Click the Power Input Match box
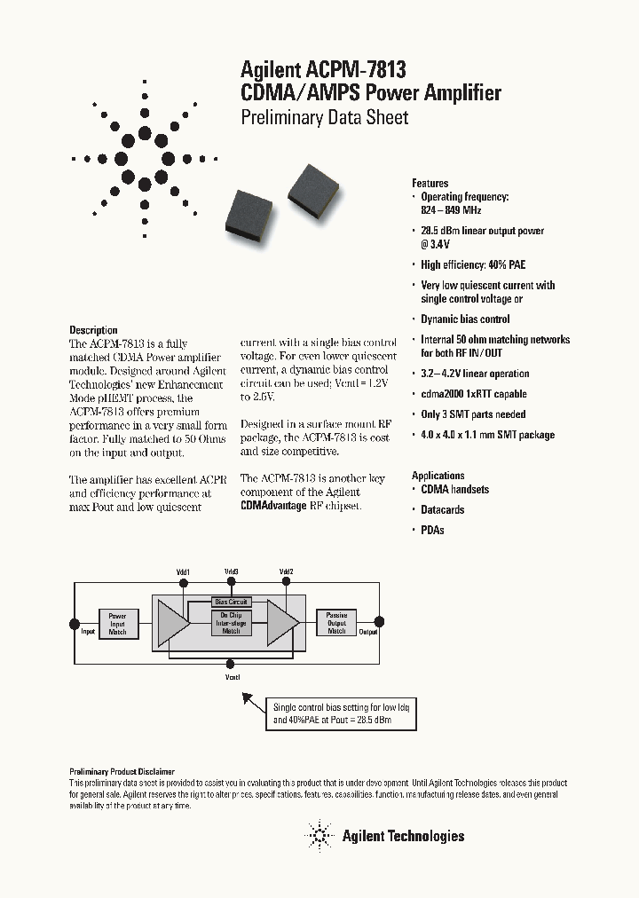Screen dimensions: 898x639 117,623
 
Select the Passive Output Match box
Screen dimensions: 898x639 336,623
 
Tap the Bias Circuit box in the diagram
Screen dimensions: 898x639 231,602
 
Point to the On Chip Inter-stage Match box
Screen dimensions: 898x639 231,623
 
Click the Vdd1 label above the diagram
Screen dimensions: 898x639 183,572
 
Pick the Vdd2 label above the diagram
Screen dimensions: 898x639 286,572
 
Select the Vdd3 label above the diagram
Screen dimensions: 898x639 231,572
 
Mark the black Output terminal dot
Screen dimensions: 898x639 380,623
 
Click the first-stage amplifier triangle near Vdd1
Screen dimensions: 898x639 172,623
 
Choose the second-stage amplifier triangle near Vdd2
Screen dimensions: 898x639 282,623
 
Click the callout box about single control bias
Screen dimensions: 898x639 343,713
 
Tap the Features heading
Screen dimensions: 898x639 430,183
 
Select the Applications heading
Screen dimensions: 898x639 438,476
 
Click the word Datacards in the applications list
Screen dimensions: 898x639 442,509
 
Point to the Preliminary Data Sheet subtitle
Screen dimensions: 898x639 325,117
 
